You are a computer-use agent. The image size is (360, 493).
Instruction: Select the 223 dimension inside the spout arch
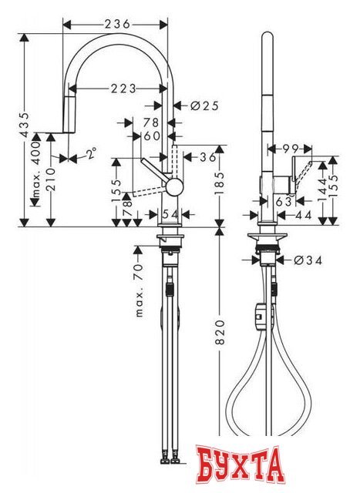point(123,88)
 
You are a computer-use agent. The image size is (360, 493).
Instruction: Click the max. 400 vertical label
point(34,173)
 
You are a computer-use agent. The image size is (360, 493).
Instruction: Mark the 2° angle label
point(91,155)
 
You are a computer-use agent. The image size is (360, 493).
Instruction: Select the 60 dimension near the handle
point(153,135)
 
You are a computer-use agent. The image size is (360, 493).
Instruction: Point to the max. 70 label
point(139,294)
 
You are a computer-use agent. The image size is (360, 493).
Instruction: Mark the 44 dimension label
point(302,217)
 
